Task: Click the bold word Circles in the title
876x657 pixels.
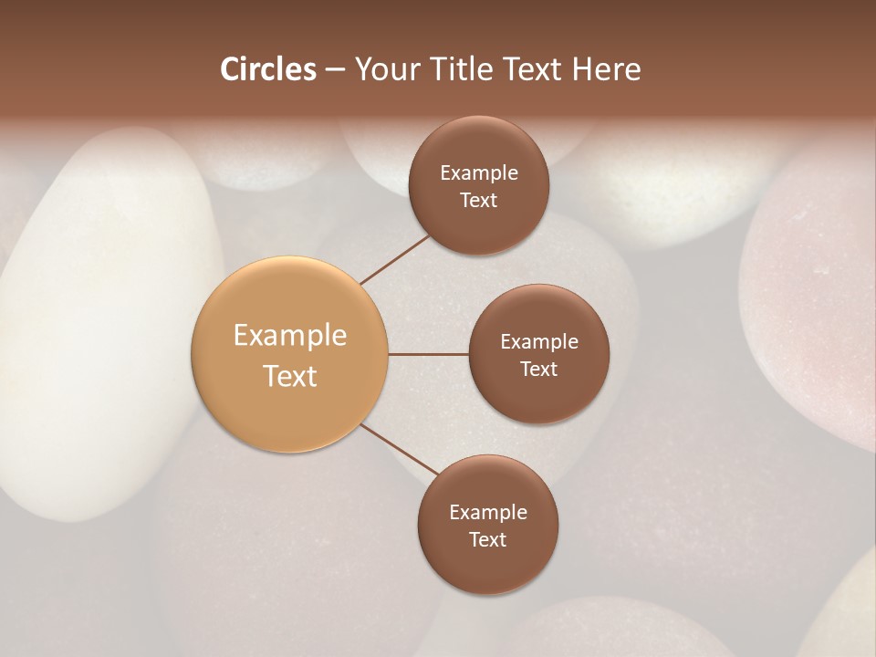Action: coord(268,69)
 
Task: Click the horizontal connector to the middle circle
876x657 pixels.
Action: coord(428,354)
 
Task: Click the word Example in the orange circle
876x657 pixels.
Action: coord(290,336)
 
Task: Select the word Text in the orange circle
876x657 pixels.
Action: coord(290,376)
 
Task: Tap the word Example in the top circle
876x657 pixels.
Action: coord(479,173)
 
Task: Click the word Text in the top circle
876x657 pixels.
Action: coord(478,200)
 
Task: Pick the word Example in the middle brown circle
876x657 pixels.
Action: coord(539,342)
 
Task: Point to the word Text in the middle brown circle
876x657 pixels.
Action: coord(538,369)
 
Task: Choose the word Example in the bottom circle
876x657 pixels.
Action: coord(488,513)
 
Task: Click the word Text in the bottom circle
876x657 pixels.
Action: coord(487,539)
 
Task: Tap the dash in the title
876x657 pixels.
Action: coord(334,70)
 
